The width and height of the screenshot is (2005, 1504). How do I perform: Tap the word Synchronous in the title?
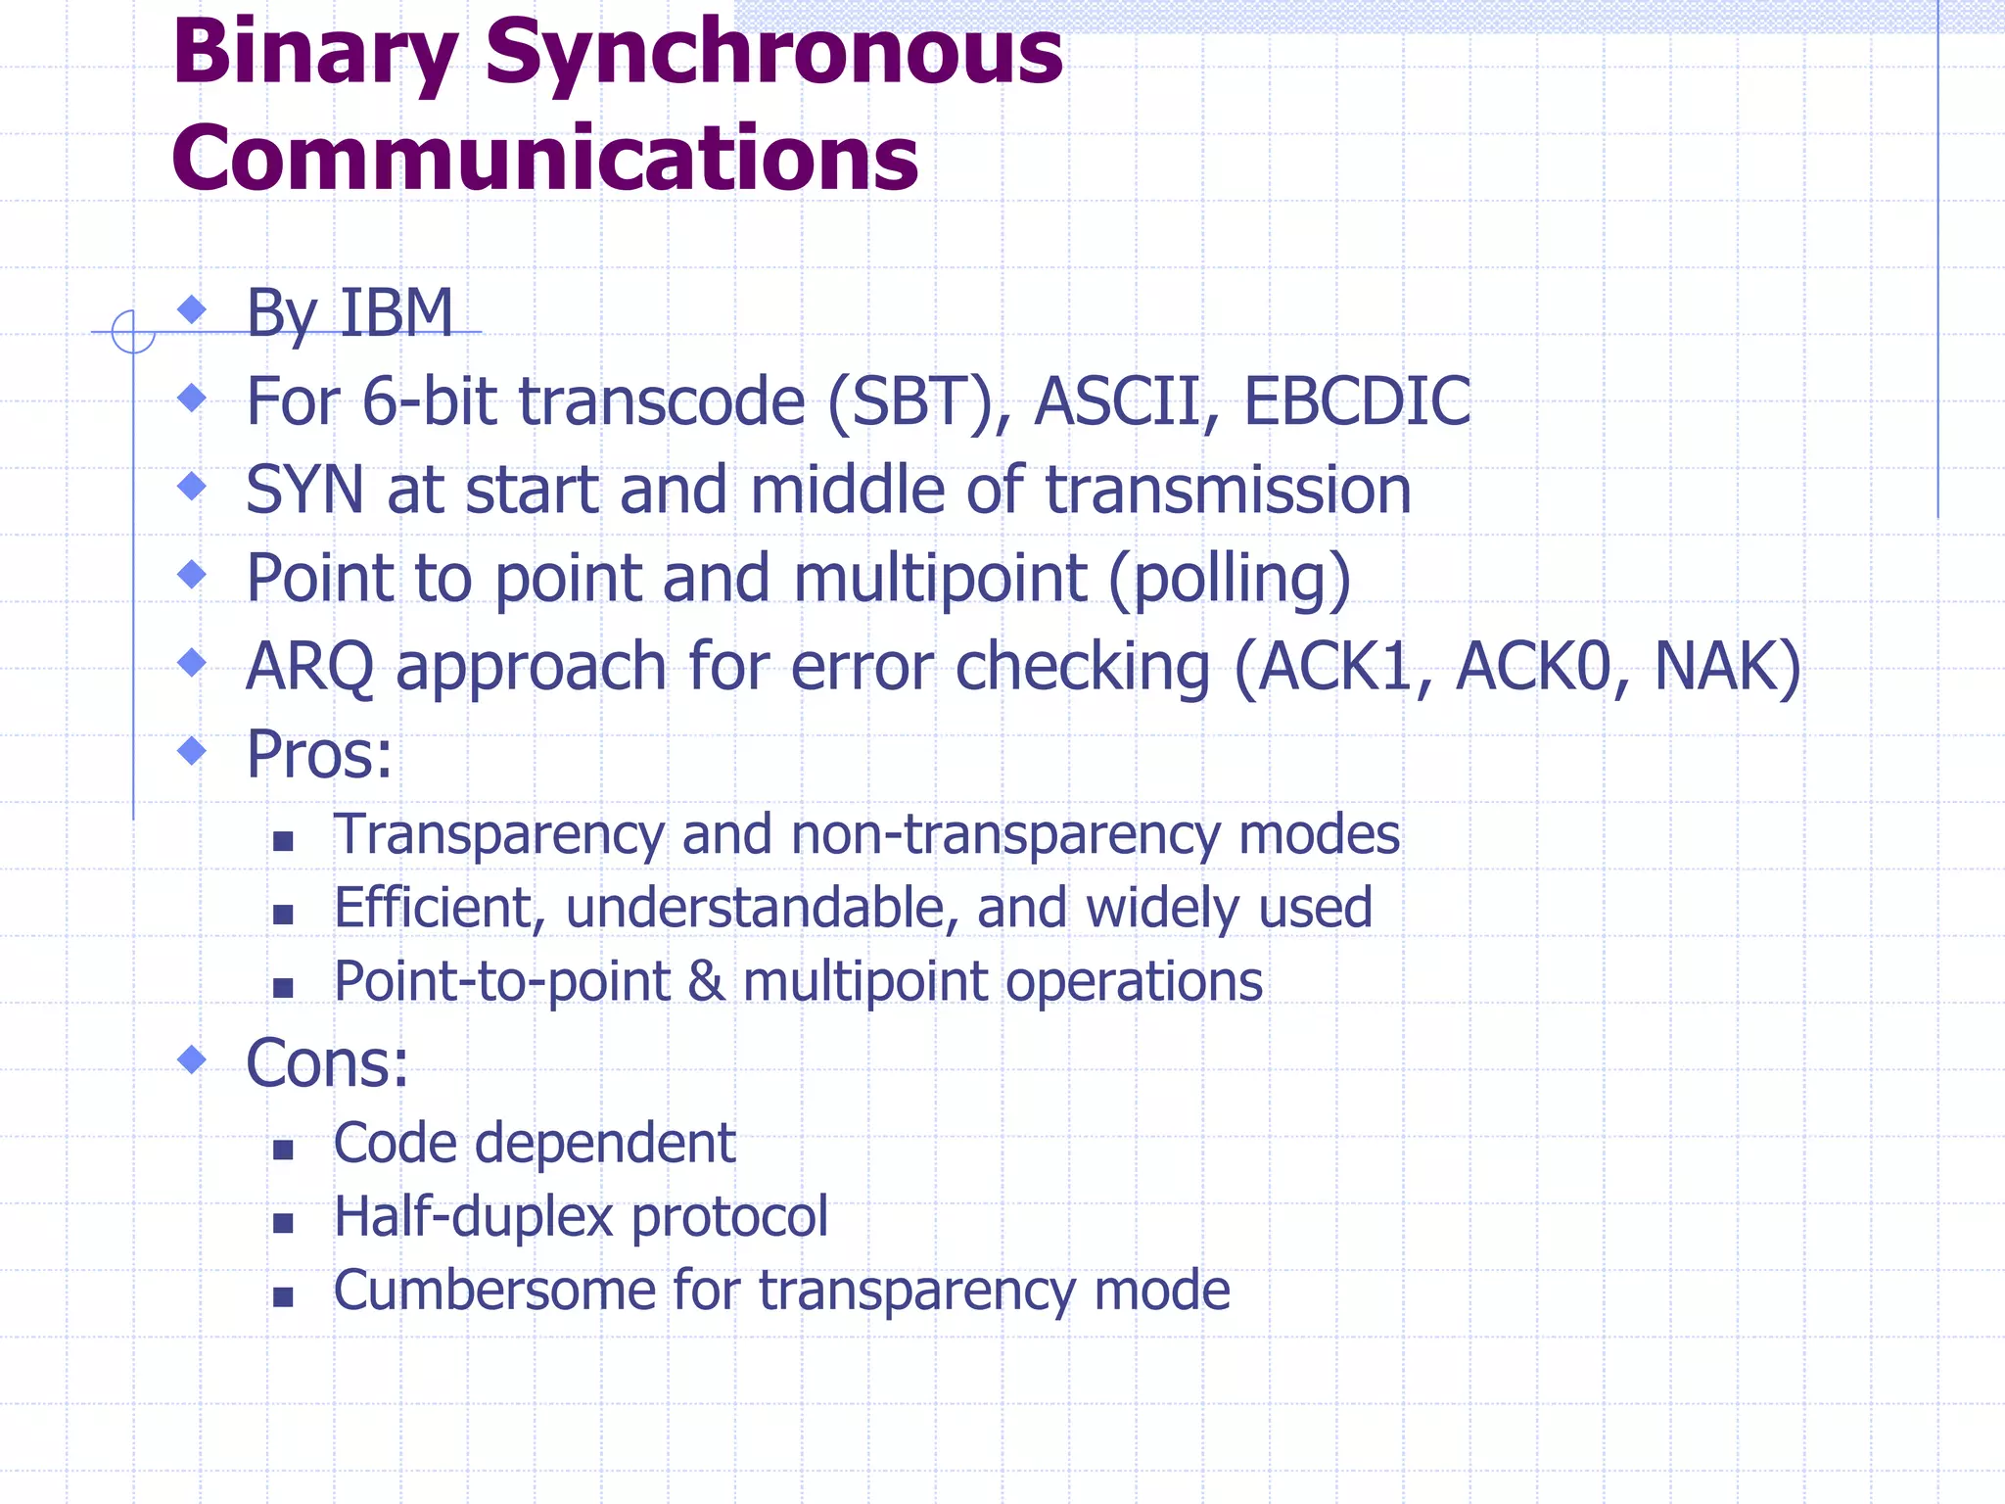773,54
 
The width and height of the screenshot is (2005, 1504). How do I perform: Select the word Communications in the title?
545,159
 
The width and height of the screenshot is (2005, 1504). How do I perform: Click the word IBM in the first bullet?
396,313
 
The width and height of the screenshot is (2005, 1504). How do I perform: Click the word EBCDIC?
1357,401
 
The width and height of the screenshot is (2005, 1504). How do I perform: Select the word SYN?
304,490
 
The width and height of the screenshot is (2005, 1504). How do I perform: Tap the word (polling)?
1230,578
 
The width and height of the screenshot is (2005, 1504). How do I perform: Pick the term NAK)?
1727,667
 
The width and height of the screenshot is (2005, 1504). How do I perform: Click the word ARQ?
309,667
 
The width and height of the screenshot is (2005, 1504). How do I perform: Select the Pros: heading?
319,755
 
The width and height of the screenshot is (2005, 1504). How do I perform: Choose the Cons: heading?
327,1063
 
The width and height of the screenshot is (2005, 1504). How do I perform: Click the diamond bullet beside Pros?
193,751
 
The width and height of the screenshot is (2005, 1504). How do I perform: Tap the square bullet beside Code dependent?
284,1150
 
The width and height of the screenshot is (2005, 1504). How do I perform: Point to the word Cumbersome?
494,1291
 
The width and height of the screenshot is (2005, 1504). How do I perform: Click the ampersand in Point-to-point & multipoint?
706,982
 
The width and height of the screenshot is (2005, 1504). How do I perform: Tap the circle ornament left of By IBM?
133,332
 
